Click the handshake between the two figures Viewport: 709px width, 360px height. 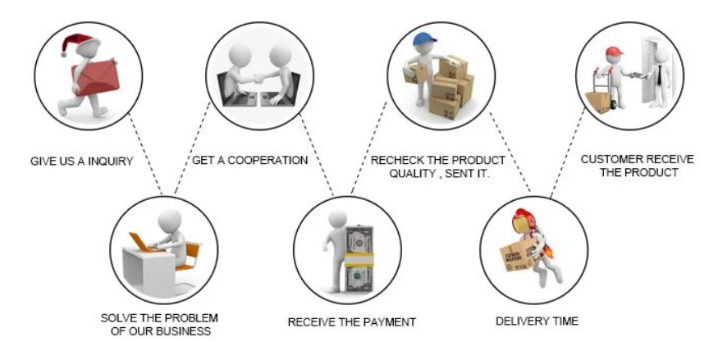tap(256, 79)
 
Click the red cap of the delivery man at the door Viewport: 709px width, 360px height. tap(614, 52)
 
